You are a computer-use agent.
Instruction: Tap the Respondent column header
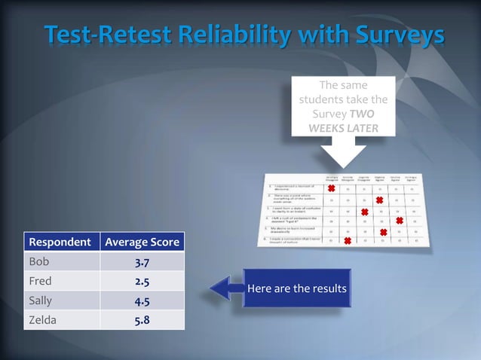click(x=61, y=243)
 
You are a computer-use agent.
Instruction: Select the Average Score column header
click(x=142, y=243)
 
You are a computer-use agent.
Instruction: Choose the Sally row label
click(x=41, y=301)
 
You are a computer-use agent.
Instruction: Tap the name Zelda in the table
click(x=43, y=320)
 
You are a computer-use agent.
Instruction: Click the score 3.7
click(x=142, y=261)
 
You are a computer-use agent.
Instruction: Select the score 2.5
click(x=142, y=281)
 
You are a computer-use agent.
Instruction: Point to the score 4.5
click(x=142, y=301)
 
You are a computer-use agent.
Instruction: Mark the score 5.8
click(x=142, y=320)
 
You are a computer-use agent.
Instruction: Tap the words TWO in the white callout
click(x=362, y=114)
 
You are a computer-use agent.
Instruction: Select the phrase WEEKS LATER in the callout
click(x=344, y=128)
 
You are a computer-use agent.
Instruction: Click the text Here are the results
click(x=296, y=288)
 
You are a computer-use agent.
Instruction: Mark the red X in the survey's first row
click(x=332, y=188)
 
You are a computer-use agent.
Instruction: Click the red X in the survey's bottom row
click(x=348, y=241)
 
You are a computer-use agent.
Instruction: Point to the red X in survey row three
click(x=364, y=213)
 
